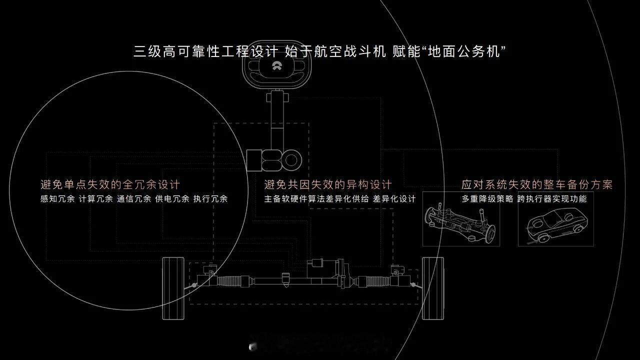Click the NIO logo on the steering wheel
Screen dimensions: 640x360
tap(276, 66)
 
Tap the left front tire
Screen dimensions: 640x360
tap(173, 288)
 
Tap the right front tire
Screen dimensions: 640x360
tap(433, 288)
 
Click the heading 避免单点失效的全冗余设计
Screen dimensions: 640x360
tap(110, 184)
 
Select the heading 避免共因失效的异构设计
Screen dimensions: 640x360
tap(328, 184)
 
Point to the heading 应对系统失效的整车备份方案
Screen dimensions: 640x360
tap(537, 184)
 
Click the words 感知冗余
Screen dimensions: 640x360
tap(57, 199)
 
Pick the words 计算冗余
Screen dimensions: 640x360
tap(95, 199)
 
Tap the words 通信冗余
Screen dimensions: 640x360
tap(134, 199)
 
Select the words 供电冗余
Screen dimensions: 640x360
tap(172, 199)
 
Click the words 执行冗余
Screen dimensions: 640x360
tap(210, 199)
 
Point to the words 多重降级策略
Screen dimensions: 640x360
tap(487, 199)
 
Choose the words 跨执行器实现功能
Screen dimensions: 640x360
tap(552, 199)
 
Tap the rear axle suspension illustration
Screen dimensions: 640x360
tap(460, 223)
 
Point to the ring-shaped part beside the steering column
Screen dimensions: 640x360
tap(291, 160)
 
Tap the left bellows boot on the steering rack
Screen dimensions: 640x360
tap(229, 281)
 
